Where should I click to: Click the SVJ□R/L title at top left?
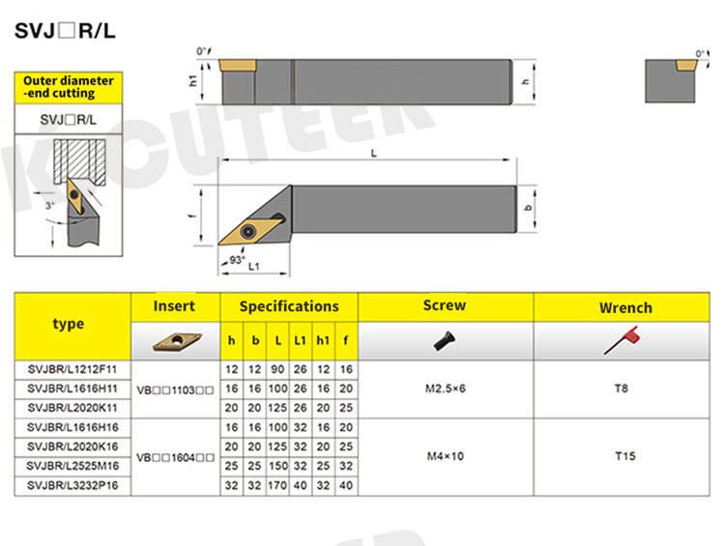point(65,31)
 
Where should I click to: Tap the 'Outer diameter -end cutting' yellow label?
point(69,87)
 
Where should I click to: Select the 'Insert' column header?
point(174,306)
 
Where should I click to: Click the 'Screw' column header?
point(445,305)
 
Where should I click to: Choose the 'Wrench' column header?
point(625,308)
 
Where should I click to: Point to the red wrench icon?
point(623,341)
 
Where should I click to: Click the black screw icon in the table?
point(445,341)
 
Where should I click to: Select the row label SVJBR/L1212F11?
point(72,369)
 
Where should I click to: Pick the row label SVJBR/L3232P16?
point(72,485)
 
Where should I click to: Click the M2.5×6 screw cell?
point(446,388)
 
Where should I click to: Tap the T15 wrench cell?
point(625,456)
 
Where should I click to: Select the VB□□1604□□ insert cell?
point(175,458)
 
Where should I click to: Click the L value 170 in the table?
point(277,485)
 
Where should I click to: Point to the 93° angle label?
point(237,260)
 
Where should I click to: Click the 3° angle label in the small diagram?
point(49,205)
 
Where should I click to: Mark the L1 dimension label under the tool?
point(254,267)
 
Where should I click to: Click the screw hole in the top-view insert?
point(248,230)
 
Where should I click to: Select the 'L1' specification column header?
point(300,341)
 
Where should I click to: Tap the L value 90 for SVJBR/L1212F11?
point(277,369)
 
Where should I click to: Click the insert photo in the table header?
point(176,342)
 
